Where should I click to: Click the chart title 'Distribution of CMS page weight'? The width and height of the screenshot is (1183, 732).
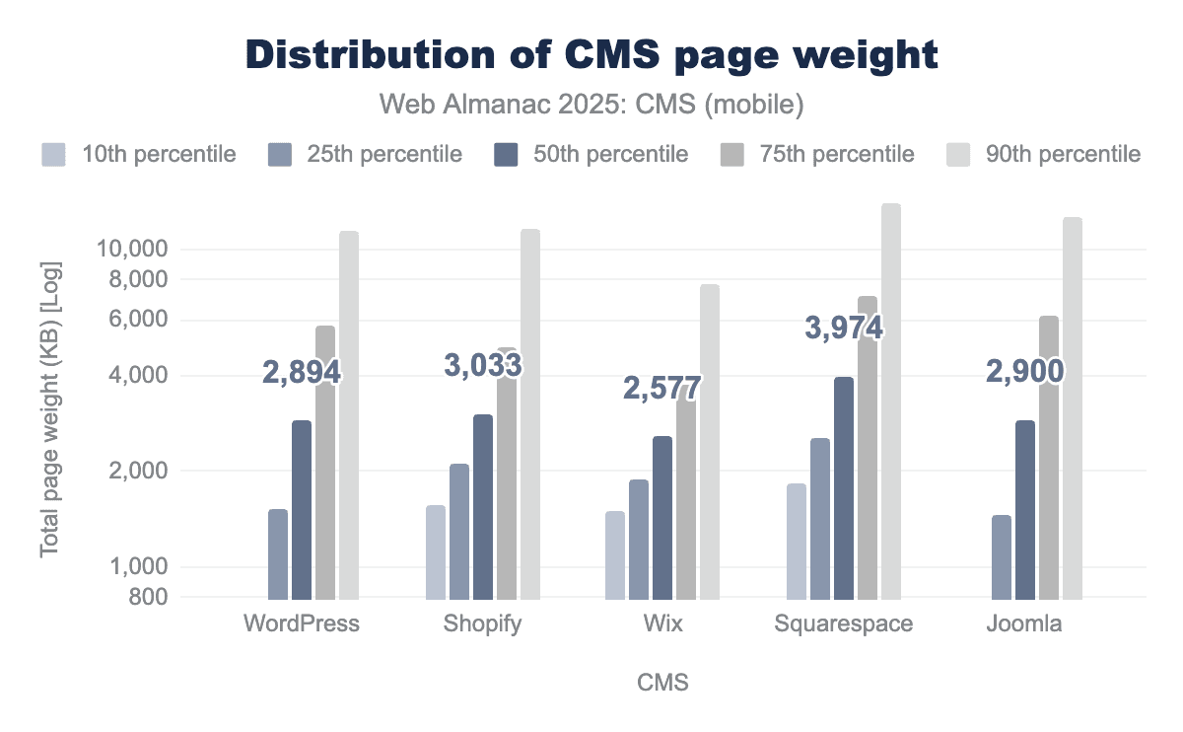click(x=591, y=54)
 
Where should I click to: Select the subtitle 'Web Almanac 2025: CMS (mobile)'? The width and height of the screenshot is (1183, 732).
click(x=591, y=102)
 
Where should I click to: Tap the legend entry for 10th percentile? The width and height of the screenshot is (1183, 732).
click(x=138, y=154)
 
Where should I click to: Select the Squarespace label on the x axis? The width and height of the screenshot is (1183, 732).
click(x=843, y=624)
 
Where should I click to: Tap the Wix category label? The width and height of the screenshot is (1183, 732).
click(x=662, y=624)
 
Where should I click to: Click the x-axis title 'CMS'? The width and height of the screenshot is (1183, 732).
click(x=662, y=682)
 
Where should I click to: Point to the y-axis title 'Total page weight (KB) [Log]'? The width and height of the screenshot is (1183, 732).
click(x=50, y=408)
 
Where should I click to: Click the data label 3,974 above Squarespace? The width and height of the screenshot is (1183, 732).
click(x=844, y=329)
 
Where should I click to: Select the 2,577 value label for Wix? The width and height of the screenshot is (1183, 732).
click(x=661, y=388)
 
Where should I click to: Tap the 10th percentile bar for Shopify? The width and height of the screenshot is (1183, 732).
click(x=436, y=552)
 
